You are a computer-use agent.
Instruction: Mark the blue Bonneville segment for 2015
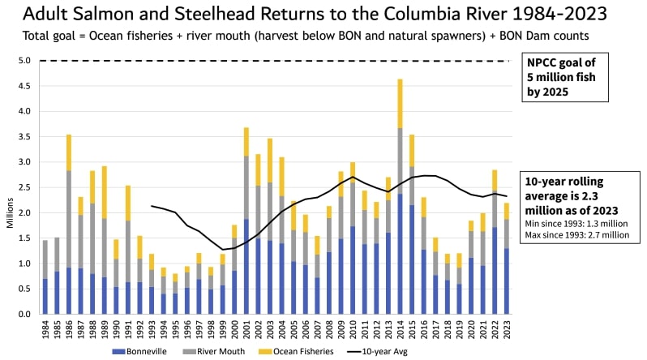(412, 259)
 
